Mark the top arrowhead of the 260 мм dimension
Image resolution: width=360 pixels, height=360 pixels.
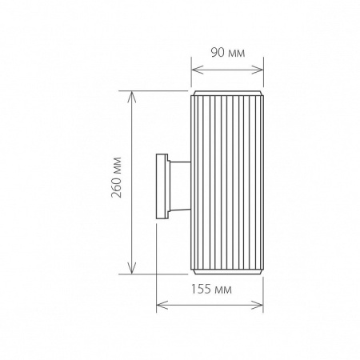pyautogui.click(x=132, y=94)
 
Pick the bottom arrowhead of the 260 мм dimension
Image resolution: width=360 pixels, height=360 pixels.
pyautogui.click(x=132, y=269)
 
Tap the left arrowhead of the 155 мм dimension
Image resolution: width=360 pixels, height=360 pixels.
pyautogui.click(x=159, y=303)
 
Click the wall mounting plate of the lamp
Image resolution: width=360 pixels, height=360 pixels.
pyautogui.click(x=162, y=183)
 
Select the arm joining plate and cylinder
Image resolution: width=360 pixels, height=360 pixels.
pyautogui.click(x=179, y=183)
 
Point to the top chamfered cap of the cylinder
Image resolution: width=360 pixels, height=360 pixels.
pyautogui.click(x=227, y=94)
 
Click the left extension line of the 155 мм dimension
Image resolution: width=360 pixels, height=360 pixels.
pyautogui.click(x=157, y=256)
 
